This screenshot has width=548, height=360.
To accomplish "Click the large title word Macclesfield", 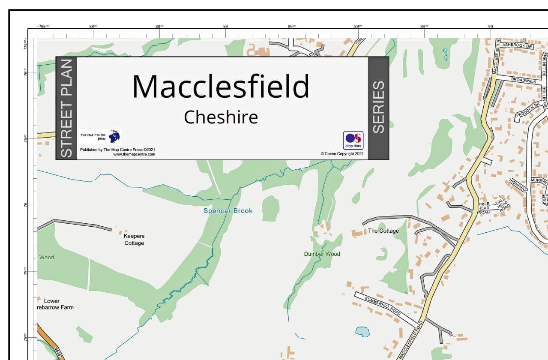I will pos(221,86).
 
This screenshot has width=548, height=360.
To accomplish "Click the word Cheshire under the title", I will pos(221,117).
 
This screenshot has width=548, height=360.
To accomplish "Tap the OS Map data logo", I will pos(353,140).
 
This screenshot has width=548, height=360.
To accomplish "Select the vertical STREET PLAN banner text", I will pos(66,108).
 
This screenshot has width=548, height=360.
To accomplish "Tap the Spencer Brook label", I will pos(228,211).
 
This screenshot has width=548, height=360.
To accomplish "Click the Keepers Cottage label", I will pos(134,240).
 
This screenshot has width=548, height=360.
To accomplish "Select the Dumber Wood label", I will pos(322,254).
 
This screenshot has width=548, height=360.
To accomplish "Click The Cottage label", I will pos(383,231).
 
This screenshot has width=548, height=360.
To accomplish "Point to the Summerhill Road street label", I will pos(383,306).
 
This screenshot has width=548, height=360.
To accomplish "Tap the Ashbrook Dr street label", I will pos(517,45).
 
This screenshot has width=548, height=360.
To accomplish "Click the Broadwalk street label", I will pos(524,81).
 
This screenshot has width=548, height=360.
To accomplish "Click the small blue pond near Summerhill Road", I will pos(362,331).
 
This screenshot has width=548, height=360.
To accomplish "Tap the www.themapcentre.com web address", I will pos(134,154).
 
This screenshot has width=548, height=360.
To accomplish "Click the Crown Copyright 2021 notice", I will pos(342,154).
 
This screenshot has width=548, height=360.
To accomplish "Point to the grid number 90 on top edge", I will pos(490,27).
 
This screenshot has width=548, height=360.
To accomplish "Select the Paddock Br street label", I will pos(527,110).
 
